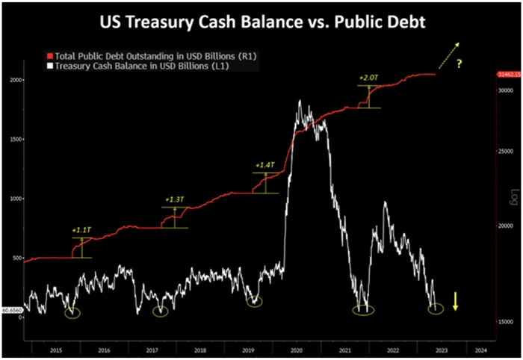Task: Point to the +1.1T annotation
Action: [x=81, y=230]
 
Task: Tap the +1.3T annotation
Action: [x=173, y=199]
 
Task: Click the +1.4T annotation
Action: [x=264, y=164]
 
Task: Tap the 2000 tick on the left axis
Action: [x=16, y=80]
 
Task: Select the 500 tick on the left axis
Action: [x=18, y=258]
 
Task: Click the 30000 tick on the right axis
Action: [x=505, y=90]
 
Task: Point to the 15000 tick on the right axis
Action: [x=505, y=321]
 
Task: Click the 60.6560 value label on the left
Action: [x=12, y=309]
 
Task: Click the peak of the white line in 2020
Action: [x=300, y=101]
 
